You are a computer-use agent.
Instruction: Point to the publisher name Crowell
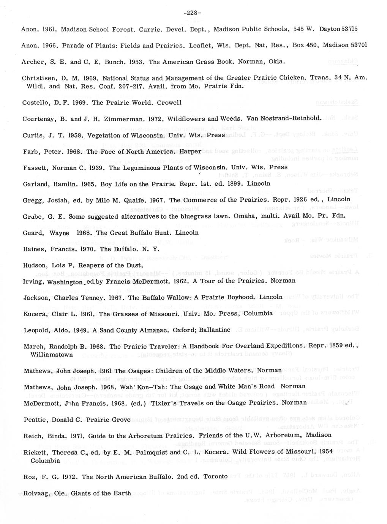(x=169, y=103)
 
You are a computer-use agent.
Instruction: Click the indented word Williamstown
(x=51, y=355)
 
